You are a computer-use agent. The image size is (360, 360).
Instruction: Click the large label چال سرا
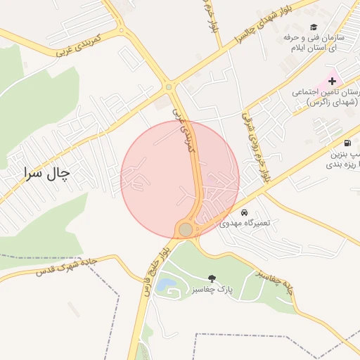[49, 173]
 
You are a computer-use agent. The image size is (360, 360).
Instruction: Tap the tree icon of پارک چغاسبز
[213, 279]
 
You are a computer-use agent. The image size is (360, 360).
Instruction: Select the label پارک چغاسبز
[210, 290]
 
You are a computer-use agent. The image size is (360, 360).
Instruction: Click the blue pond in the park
[167, 285]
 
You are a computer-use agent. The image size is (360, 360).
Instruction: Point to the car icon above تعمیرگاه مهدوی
[243, 212]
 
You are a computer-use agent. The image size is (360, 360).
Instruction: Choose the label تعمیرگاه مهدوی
[250, 224]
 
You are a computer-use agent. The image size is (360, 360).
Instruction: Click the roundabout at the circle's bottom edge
[186, 230]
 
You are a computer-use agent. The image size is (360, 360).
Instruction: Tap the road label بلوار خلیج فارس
[156, 271]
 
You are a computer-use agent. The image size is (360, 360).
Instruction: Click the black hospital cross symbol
[332, 82]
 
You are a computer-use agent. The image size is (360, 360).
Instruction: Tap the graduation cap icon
[313, 27]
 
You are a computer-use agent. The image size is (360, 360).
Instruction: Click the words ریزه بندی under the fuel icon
[342, 165]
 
